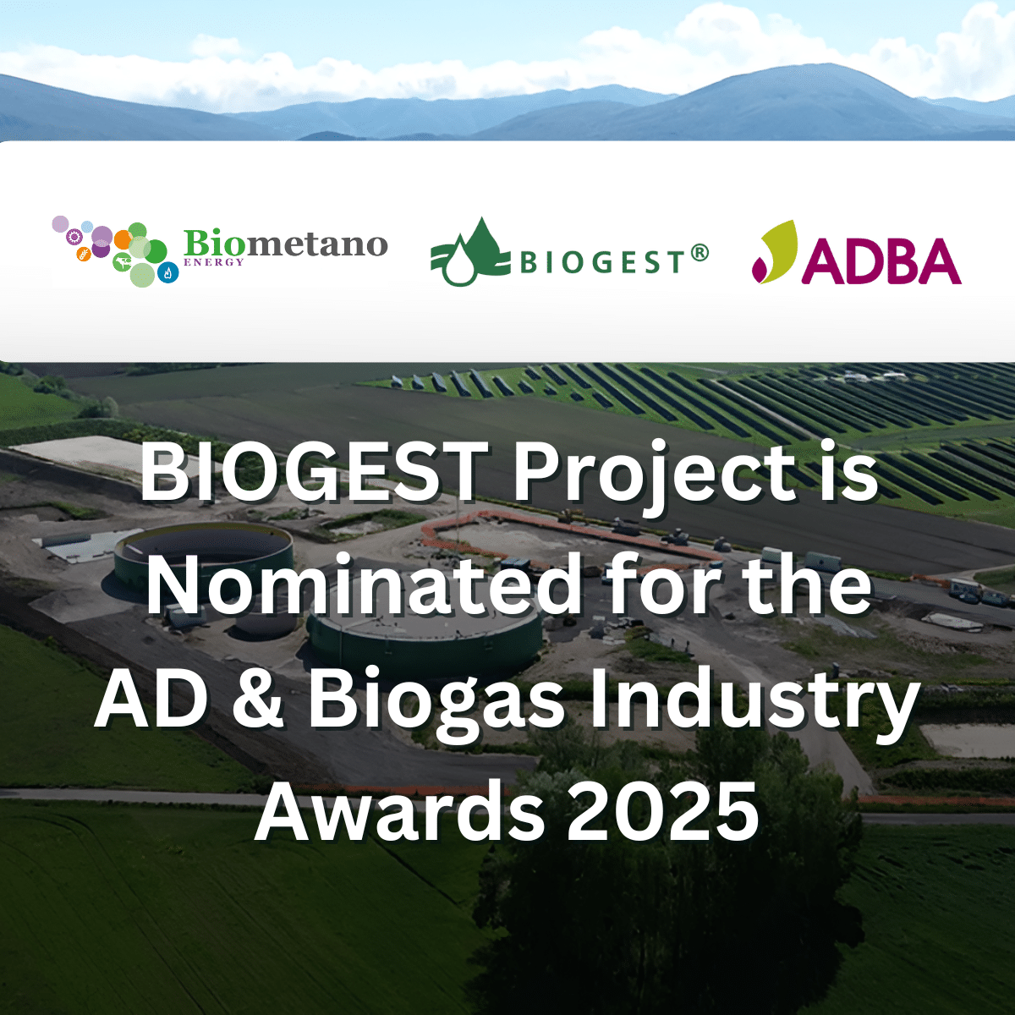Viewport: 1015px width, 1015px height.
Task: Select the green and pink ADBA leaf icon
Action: (x=774, y=251)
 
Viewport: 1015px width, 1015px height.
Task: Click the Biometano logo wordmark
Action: (x=286, y=245)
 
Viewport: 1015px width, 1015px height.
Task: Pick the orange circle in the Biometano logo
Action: (x=123, y=239)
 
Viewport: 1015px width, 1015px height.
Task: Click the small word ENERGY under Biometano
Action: (x=214, y=262)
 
